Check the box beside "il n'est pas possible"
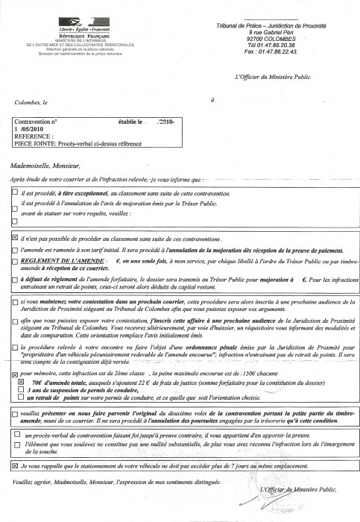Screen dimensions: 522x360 click(16, 236)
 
